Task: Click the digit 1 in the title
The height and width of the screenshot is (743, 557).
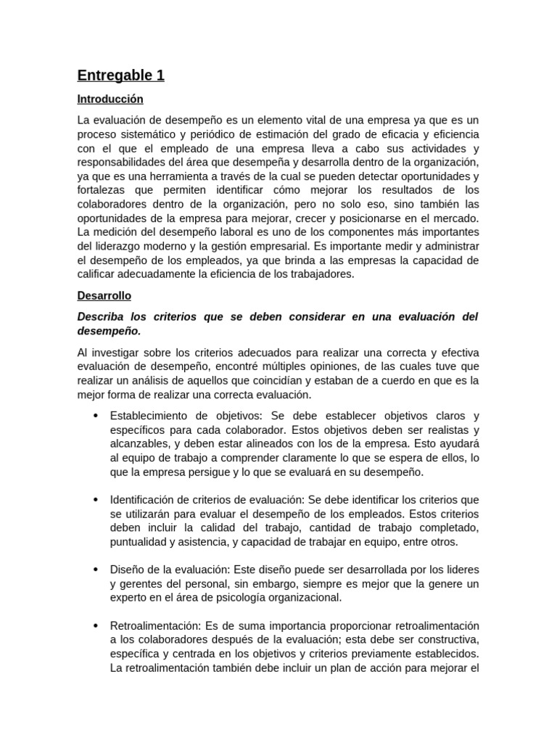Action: click(159, 75)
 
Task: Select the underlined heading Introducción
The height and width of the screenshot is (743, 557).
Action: click(110, 99)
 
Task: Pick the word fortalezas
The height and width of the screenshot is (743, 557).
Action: click(102, 191)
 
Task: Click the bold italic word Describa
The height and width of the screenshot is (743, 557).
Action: click(102, 317)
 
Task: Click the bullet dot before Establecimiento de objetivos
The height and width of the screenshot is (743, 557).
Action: click(95, 416)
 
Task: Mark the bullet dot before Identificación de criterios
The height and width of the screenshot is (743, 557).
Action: click(95, 500)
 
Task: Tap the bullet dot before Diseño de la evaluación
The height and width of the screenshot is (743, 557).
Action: click(95, 570)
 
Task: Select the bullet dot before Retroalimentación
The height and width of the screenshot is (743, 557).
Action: click(95, 625)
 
